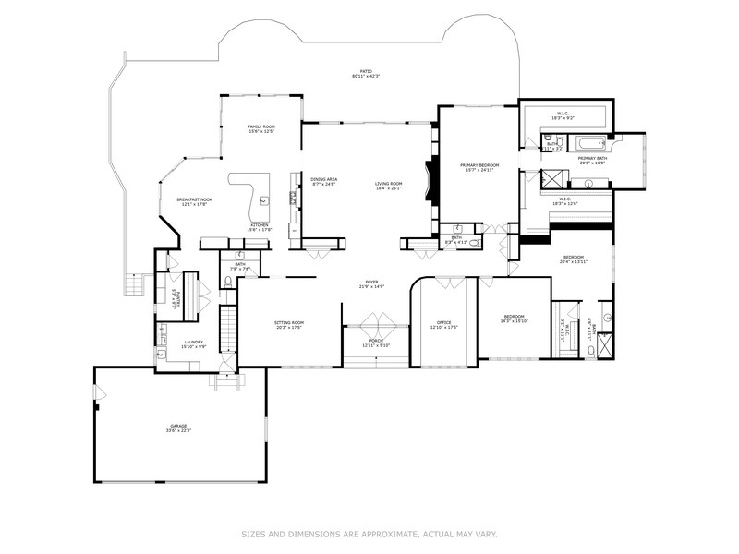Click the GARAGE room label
point(178,427)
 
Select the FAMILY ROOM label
point(261,128)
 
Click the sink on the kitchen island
point(265,199)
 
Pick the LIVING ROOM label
point(389,185)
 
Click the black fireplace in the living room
point(427,175)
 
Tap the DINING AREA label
point(323,180)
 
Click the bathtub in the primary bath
point(588,143)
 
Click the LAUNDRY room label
point(193,343)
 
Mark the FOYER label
point(371,283)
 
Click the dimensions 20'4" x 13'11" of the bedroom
point(574,261)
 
